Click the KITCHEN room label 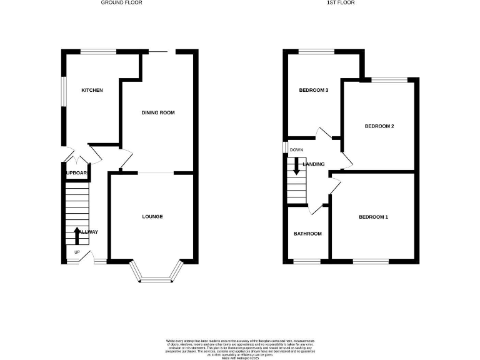pos(92,91)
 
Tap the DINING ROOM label pos(157,113)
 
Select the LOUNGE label pos(152,217)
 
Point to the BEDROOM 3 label pos(314,91)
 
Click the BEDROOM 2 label pos(379,126)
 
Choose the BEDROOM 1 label pos(373,217)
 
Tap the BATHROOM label pos(307,234)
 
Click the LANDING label pos(314,164)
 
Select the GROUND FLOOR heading pos(122,3)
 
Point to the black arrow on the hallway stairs pos(77,235)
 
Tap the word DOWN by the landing pos(296,150)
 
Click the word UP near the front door pos(77,252)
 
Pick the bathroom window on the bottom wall pos(306,260)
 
